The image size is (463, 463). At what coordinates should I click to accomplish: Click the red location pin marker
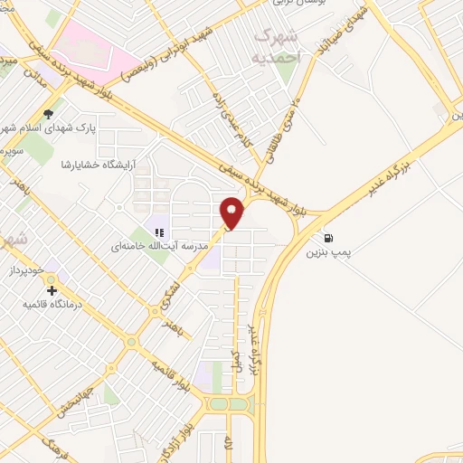[x=231, y=213]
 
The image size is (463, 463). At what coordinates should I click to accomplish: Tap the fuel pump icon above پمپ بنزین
[x=326, y=239]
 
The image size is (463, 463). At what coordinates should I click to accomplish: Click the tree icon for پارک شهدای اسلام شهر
[x=50, y=115]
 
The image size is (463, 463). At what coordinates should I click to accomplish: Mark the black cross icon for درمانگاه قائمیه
[x=52, y=291]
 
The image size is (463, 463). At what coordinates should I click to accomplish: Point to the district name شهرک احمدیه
[x=281, y=43]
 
